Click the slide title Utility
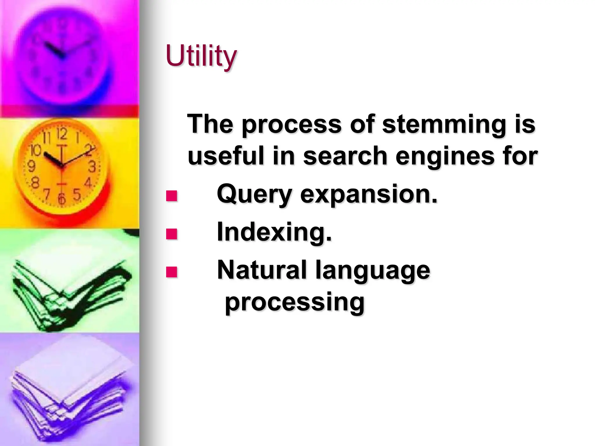click(201, 56)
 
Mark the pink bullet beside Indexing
click(171, 234)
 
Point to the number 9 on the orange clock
click(31, 167)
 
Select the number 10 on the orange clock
click(36, 150)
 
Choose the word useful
click(226, 156)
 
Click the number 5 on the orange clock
click(77, 194)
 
